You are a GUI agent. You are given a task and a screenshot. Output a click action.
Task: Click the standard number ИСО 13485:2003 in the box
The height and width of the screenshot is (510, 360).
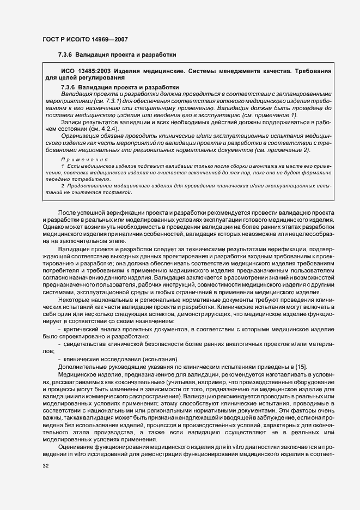pyautogui.click(x=85, y=71)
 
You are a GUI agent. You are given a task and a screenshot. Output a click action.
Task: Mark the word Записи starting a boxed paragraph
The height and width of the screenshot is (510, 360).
pyautogui.click(x=71, y=122)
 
